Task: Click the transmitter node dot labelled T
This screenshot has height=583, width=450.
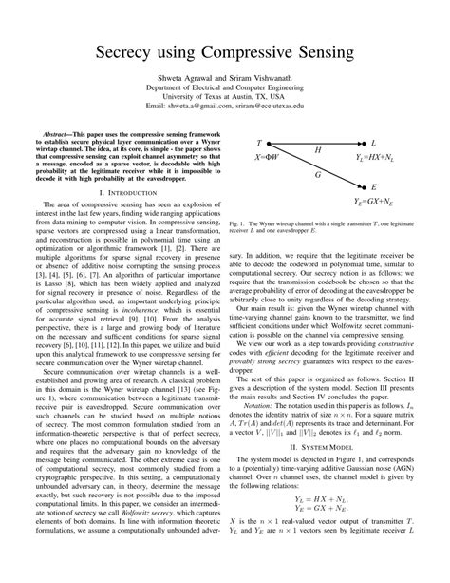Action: (271, 144)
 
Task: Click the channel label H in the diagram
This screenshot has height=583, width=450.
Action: (317, 150)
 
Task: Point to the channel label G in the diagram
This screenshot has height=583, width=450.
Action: (317, 175)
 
